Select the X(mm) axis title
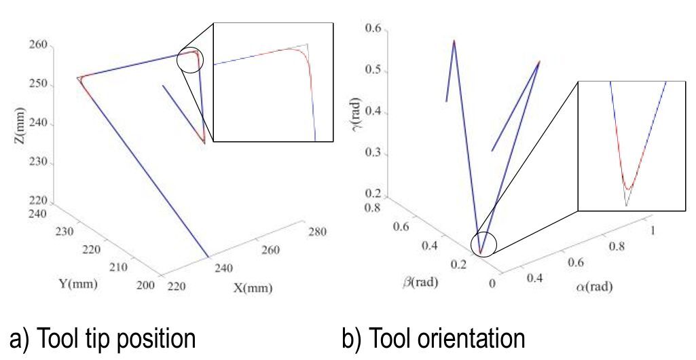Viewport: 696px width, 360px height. pos(253,288)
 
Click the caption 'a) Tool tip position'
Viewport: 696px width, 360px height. pos(101,338)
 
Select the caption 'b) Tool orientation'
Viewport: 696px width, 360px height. pos(434,338)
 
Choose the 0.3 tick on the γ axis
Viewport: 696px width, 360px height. pos(374,154)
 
